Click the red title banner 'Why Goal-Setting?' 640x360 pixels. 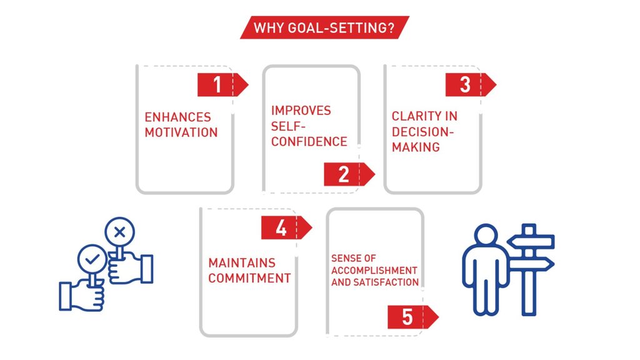(x=324, y=27)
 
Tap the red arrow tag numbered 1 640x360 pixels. (x=222, y=85)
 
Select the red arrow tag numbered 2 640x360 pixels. (x=349, y=174)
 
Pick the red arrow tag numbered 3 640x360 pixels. (x=471, y=84)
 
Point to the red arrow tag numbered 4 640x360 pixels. (x=286, y=227)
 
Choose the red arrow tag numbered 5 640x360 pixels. (x=412, y=317)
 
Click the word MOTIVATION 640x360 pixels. (x=181, y=132)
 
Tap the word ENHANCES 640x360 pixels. (x=178, y=117)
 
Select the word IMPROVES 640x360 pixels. (x=301, y=111)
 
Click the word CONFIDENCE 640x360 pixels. (x=309, y=142)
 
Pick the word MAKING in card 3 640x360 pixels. (x=416, y=147)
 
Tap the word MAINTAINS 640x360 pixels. (x=242, y=263)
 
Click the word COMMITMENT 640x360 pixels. (x=250, y=278)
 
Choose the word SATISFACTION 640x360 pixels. (x=386, y=282)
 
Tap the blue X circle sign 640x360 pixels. (x=119, y=232)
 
